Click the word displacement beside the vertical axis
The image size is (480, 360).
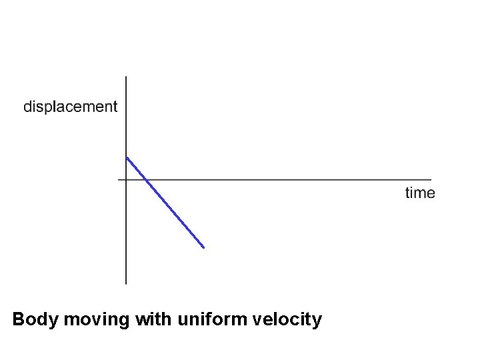tap(70, 107)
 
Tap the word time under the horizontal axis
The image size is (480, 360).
tap(420, 193)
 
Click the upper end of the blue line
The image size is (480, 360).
tap(127, 157)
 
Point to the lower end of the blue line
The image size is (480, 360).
tap(203, 248)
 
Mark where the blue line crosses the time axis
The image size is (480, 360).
tap(145, 179)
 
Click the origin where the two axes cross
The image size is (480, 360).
tap(126, 179)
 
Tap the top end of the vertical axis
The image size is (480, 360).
tap(126, 77)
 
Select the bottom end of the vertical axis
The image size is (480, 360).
tap(126, 283)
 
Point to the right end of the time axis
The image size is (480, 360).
tap(431, 179)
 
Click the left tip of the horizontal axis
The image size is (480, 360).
tap(118, 179)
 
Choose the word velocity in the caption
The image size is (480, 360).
tap(288, 320)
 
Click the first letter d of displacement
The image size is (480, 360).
tap(28, 107)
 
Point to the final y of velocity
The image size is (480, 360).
tap(317, 322)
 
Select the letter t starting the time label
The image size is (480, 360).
tap(407, 193)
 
